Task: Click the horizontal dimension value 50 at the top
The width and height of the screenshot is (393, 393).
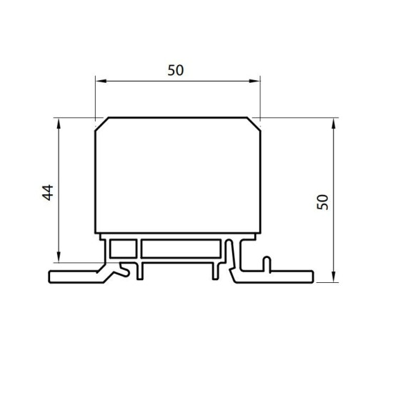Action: point(176,70)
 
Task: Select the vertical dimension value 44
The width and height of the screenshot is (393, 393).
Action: point(48,192)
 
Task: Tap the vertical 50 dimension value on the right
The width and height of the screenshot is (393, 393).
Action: point(322,202)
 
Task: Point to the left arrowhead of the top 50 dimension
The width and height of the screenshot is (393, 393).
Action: point(101,81)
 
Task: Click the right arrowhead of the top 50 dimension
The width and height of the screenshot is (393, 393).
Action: point(254,81)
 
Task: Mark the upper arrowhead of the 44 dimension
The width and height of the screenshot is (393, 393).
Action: point(59,124)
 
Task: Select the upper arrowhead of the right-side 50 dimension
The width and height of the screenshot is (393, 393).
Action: point(334,124)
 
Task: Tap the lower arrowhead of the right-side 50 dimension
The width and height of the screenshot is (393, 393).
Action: point(334,277)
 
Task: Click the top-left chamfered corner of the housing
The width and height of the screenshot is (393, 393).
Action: point(101,124)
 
